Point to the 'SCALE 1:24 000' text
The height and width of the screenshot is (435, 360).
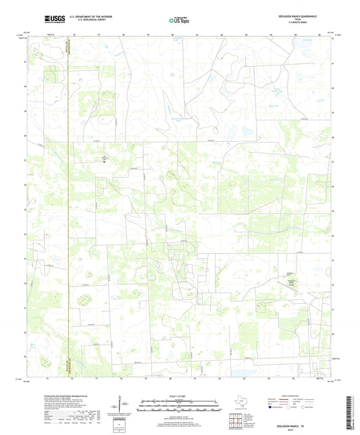[x=180, y=396]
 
